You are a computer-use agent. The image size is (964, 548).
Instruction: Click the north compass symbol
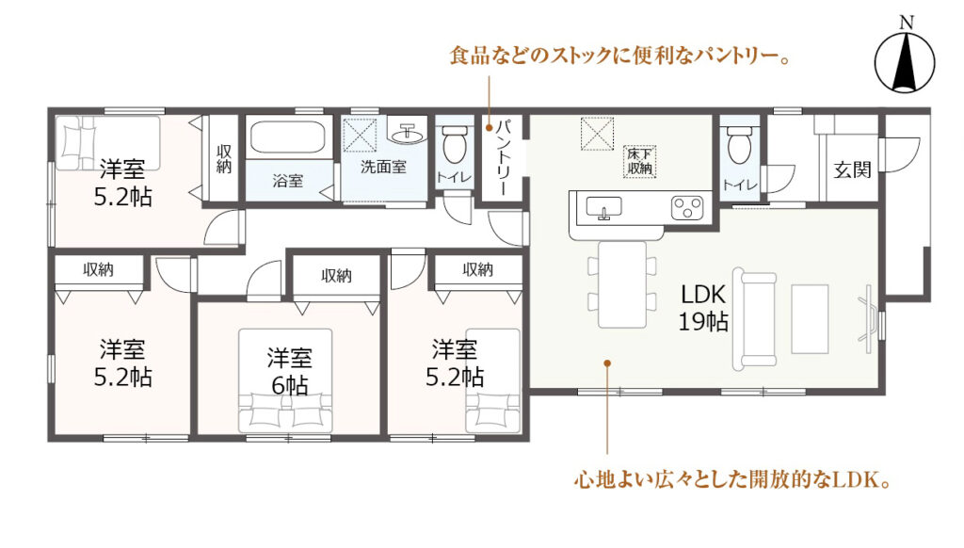905,61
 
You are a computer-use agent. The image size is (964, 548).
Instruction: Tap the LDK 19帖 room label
703,308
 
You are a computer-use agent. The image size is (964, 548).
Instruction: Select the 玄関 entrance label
853,169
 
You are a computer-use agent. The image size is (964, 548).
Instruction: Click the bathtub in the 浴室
288,137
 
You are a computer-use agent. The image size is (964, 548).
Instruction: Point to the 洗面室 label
383,166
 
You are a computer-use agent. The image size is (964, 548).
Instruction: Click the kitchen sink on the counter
603,207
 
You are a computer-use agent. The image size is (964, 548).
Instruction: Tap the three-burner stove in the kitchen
686,207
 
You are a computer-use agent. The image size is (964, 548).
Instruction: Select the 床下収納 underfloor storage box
639,162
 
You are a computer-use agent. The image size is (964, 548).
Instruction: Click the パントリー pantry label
504,157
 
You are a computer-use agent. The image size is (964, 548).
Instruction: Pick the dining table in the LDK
622,284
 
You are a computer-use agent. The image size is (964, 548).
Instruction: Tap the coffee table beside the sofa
810,318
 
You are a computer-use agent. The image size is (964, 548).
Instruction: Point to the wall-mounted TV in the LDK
867,318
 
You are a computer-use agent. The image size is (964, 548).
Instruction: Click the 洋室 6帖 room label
290,371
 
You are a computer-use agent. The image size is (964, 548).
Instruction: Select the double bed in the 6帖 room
285,380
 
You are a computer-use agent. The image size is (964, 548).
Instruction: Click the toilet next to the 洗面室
455,145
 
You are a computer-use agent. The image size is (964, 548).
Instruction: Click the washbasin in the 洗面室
407,132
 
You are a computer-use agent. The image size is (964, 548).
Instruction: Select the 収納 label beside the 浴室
224,159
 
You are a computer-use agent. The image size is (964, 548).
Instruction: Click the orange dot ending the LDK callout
607,363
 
